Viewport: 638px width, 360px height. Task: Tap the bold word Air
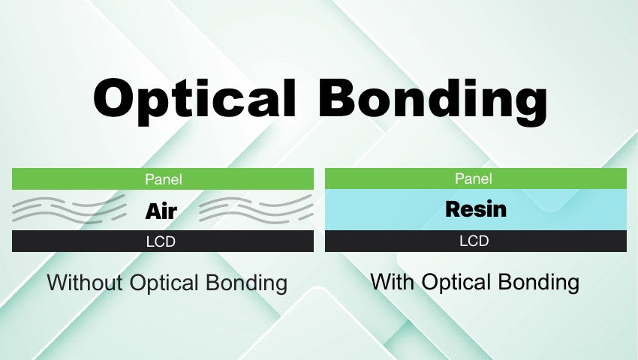162,211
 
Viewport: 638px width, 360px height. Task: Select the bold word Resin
476,209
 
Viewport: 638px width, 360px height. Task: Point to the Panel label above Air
163,179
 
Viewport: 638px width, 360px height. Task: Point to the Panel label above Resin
474,178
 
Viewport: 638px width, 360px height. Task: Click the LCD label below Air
163,241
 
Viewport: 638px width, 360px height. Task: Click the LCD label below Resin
474,241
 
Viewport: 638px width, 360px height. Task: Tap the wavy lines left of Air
69,209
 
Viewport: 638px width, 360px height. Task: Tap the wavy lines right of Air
255,209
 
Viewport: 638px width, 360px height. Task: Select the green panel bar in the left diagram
75,179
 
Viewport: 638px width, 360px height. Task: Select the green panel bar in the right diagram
390,178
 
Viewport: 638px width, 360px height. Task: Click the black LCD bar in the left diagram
75,241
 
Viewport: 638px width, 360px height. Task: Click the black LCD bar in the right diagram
390,241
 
